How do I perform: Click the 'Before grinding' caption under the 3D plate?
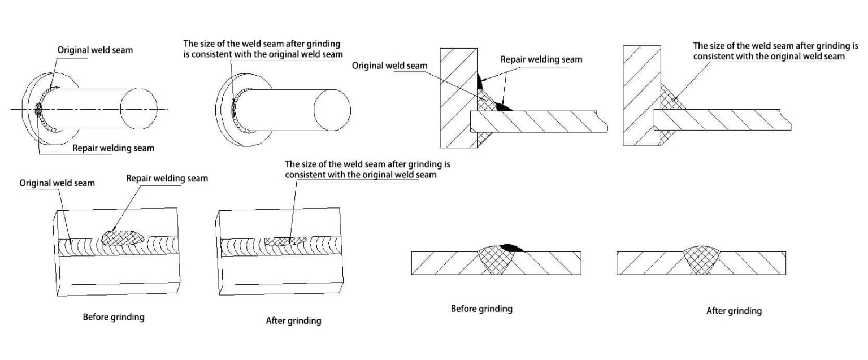coord(114,317)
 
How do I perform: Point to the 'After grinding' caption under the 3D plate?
coord(293,321)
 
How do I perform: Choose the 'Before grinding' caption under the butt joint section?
coord(481,309)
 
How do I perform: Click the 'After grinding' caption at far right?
coord(734,311)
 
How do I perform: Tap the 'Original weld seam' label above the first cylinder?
coord(95,50)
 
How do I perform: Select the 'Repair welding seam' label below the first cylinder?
coord(113,149)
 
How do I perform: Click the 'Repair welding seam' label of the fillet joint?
coord(541,59)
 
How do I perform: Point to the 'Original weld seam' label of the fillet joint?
coord(389,66)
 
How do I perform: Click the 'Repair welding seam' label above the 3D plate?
coord(167,179)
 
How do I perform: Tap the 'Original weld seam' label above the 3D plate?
coord(57,183)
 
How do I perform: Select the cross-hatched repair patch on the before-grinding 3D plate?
coord(123,238)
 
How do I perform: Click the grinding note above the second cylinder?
coord(263,49)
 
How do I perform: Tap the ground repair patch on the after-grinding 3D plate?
coord(285,241)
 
